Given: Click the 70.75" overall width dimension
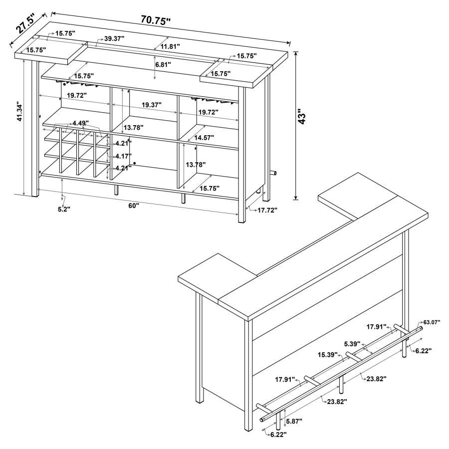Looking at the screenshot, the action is point(156,20).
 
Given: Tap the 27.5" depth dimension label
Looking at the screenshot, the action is point(25,23).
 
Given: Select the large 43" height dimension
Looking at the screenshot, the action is point(302,116).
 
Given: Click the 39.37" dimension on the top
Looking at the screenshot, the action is point(114,38).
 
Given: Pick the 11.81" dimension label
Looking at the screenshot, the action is point(170,46).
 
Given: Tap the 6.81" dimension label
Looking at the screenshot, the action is point(163,64).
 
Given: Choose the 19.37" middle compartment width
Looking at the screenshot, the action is point(152,105).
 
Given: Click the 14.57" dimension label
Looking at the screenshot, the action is point(204,138).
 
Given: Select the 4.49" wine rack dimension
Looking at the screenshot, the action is point(80,123).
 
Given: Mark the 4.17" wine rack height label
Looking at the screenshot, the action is point(123,156).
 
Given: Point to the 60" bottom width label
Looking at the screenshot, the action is point(133,206).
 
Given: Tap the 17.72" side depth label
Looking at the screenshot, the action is point(267,210).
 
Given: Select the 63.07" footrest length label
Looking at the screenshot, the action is point(432,322).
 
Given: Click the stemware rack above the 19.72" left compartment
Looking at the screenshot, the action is point(78,84).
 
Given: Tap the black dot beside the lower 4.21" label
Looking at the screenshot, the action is point(135,163).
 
